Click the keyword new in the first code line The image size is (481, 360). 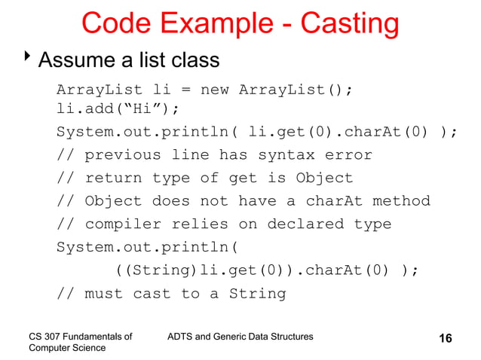pos(214,90)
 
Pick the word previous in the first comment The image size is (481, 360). pos(122,155)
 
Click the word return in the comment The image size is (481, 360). pos(112,178)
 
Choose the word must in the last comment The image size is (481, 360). pos(103,294)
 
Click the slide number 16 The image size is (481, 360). pos(446,338)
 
